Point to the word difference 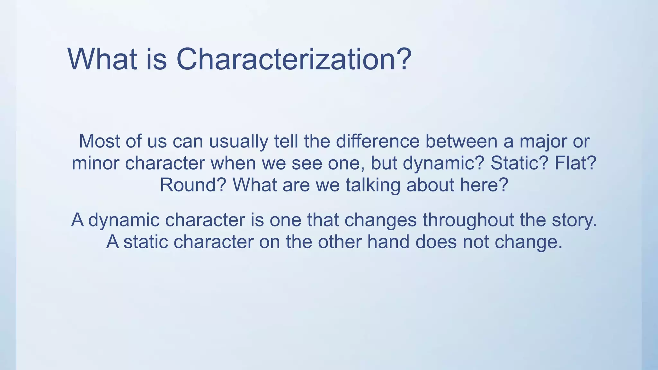(x=378, y=141)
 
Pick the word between (x=461, y=141)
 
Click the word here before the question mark (x=480, y=185)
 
